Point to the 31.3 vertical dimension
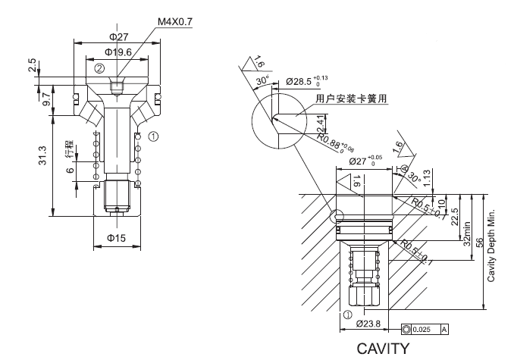[x=44, y=155]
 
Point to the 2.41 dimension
[x=323, y=121]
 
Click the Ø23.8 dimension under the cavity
[x=368, y=322]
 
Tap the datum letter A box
[x=443, y=329]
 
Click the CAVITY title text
[x=387, y=349]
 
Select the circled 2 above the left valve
[x=99, y=67]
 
